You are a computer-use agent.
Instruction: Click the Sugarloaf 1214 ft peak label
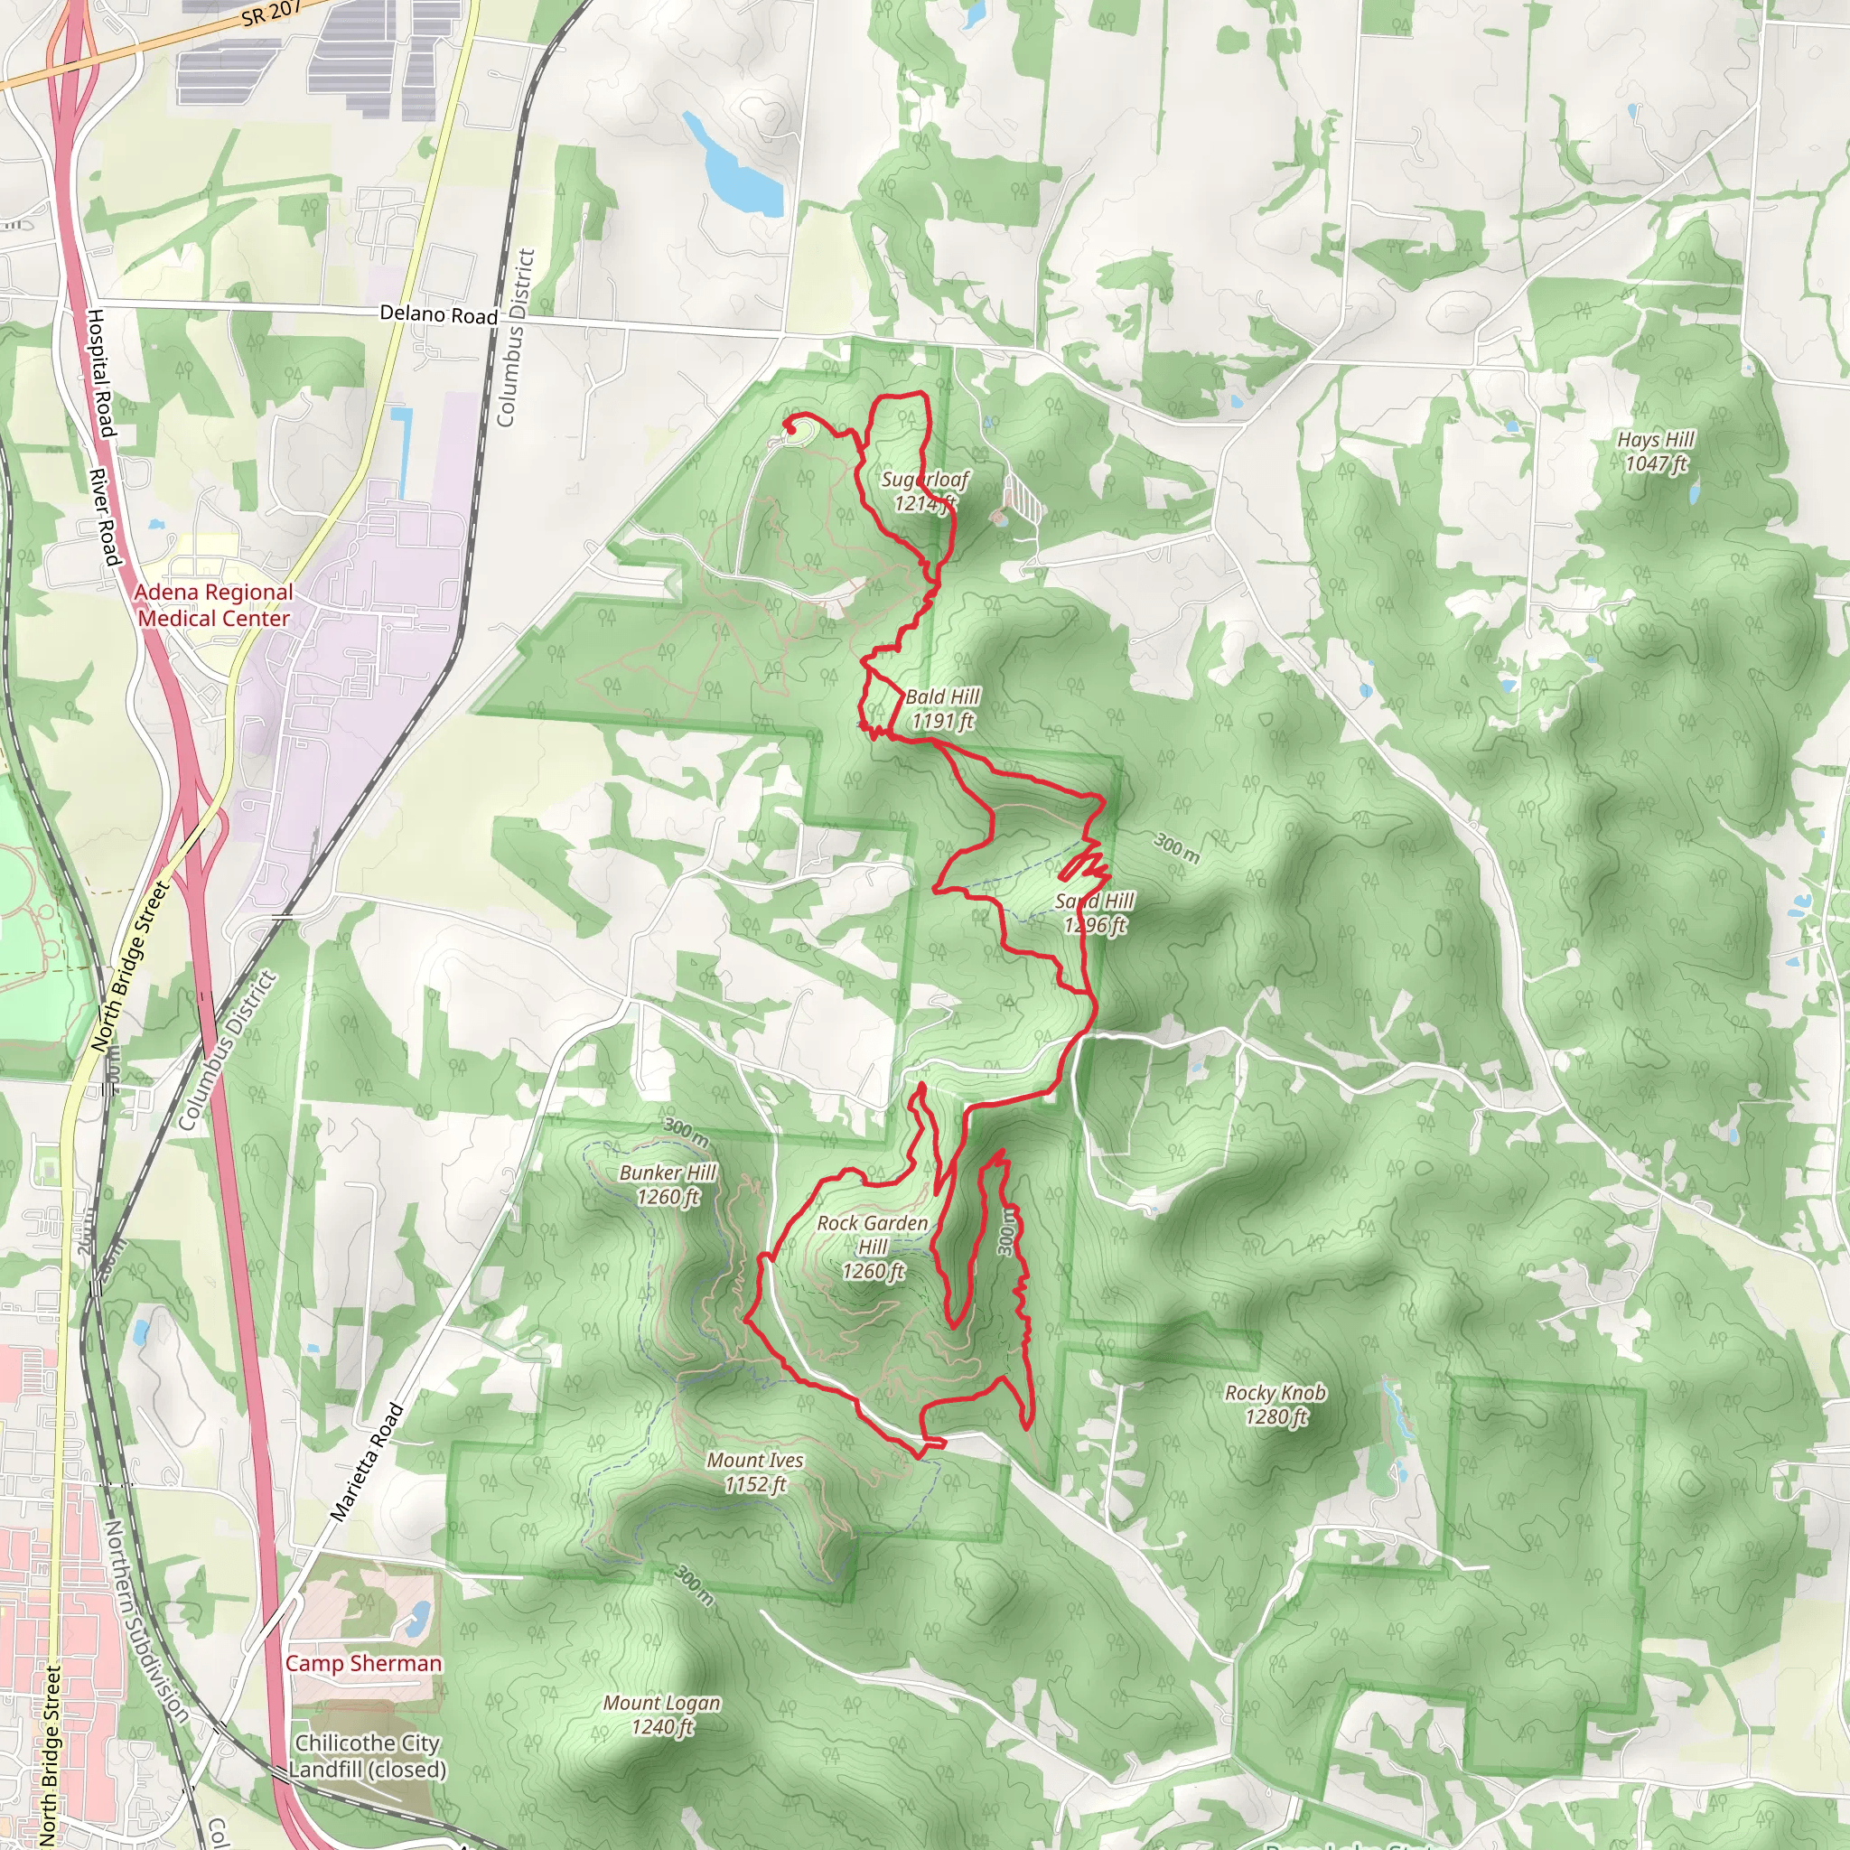coord(924,491)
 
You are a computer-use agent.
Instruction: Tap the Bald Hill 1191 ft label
coord(942,708)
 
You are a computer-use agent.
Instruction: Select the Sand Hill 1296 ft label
coord(1095,912)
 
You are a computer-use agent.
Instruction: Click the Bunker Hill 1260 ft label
coord(668,1184)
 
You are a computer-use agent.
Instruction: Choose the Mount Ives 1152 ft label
coord(754,1472)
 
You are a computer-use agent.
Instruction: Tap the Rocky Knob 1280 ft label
coord(1275,1405)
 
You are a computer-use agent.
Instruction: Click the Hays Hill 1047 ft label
coord(1656,451)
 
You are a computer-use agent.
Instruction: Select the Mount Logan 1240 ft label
coord(661,1714)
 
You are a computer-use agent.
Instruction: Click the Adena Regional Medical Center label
coord(213,605)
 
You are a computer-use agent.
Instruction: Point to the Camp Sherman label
coord(364,1663)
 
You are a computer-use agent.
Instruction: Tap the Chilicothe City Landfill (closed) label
coord(367,1755)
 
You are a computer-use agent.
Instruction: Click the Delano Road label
coord(438,314)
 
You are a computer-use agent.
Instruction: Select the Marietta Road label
coord(367,1462)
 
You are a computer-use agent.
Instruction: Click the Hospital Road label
coord(100,372)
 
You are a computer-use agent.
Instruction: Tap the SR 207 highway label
coord(272,14)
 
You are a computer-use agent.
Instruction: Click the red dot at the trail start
coord(792,430)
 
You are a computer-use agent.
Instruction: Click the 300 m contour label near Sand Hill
coord(1176,847)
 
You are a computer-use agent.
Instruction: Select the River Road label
coord(103,517)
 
